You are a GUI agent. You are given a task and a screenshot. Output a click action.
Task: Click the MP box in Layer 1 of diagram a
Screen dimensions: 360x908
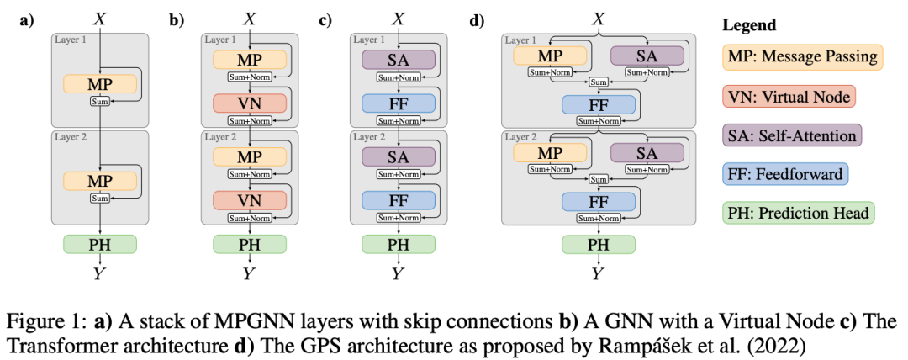tap(99, 84)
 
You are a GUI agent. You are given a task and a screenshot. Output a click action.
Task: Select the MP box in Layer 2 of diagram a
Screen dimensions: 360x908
tap(99, 180)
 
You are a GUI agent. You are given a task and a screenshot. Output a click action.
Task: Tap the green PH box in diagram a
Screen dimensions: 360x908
tap(99, 244)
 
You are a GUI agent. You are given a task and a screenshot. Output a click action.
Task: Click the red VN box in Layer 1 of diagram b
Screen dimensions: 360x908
tap(250, 103)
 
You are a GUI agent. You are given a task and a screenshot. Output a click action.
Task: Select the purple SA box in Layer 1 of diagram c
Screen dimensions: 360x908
tap(399, 60)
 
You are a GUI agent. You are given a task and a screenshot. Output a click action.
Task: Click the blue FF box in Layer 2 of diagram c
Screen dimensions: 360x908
tap(399, 199)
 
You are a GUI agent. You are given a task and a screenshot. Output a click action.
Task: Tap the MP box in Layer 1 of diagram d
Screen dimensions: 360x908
tap(551, 56)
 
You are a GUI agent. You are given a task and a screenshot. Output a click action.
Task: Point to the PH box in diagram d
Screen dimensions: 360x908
tap(599, 244)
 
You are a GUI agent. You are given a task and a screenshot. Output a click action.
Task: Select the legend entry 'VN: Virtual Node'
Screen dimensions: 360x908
tap(787, 97)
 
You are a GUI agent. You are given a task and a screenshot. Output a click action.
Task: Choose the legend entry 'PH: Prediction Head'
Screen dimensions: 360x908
tap(798, 213)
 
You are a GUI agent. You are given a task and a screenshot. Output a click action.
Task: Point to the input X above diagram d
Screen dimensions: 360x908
tap(599, 18)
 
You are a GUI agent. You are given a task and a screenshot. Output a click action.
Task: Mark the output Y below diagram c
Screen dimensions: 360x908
tap(399, 273)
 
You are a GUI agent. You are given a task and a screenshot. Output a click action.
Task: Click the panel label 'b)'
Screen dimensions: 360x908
tap(177, 19)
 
